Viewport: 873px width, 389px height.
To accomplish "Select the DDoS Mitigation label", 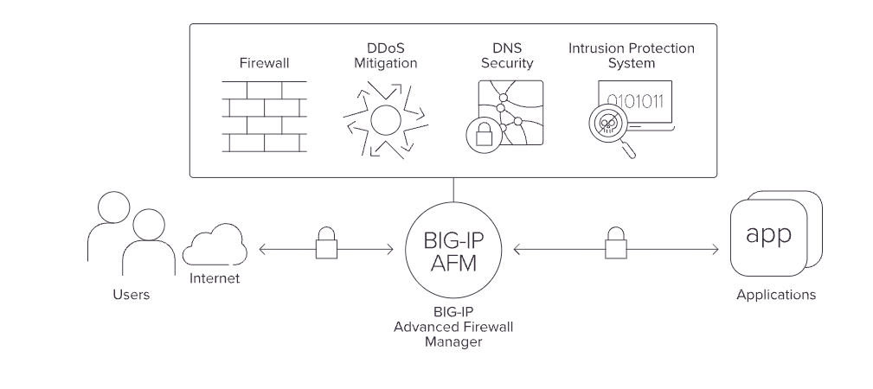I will click(385, 56).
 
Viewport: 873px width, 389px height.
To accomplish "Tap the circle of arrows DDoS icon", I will click(386, 118).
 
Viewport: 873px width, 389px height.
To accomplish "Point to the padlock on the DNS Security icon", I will click(480, 134).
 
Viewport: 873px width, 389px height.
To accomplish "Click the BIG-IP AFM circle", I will click(453, 249).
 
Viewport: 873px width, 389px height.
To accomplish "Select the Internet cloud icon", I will click(215, 246).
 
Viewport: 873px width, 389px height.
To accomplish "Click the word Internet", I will click(214, 279).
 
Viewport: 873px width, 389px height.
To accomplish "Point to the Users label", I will click(132, 295).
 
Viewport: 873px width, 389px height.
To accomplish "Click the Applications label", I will click(775, 295).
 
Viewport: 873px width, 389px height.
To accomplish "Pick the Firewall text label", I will click(263, 63).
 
